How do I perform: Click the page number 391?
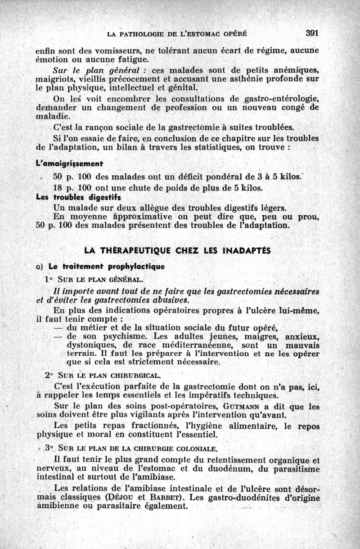(x=312, y=33)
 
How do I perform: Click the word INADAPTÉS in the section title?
(x=246, y=250)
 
